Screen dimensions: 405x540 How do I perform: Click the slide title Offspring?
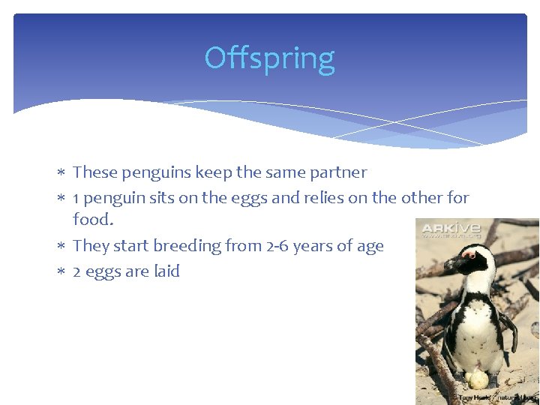269,58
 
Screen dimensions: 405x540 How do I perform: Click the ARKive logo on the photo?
448,230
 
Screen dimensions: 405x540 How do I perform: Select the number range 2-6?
283,246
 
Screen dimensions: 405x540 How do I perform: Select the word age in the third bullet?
368,247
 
